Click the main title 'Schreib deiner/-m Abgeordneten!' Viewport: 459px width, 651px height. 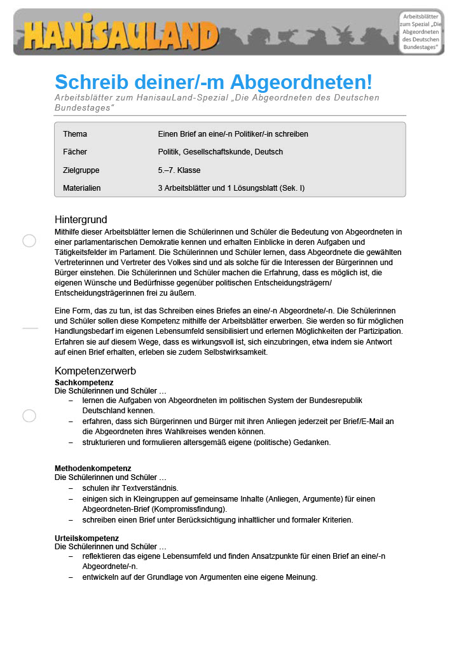pyautogui.click(x=213, y=82)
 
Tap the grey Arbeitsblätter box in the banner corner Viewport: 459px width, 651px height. pyautogui.click(x=420, y=32)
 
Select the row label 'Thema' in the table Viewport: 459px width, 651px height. pyautogui.click(x=75, y=134)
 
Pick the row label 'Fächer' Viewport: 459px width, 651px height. pyautogui.click(x=75, y=152)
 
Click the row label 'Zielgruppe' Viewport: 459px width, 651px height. pyautogui.click(x=81, y=170)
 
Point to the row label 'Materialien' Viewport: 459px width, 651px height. pyautogui.click(x=82, y=188)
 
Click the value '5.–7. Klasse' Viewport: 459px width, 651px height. pyautogui.click(x=179, y=170)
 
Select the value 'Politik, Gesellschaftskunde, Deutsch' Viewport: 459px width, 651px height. pyautogui.click(x=220, y=152)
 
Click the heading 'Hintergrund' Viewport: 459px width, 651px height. pyautogui.click(x=81, y=220)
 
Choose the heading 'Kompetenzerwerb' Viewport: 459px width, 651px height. pyautogui.click(x=95, y=371)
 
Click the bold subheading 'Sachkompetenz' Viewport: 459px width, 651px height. pyautogui.click(x=84, y=382)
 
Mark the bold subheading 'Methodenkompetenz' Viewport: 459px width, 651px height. pyautogui.click(x=93, y=469)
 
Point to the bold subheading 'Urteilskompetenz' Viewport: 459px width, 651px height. pyautogui.click(x=86, y=538)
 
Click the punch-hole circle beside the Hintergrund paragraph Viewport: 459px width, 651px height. pyautogui.click(x=29, y=241)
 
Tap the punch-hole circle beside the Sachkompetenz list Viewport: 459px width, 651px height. pyautogui.click(x=29, y=416)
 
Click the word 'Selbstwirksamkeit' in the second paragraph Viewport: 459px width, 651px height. pyautogui.click(x=238, y=352)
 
